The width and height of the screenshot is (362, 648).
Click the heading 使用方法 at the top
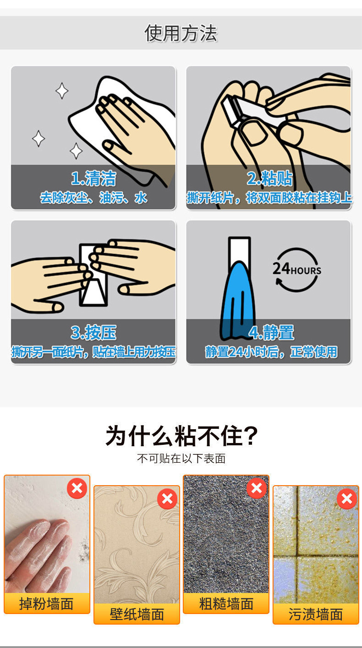point(181,33)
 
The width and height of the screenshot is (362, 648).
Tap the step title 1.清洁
point(93,178)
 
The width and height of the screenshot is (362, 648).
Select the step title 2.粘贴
point(269,178)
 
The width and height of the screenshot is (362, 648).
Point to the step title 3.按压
point(93,332)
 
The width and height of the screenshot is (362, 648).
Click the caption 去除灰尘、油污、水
point(93,198)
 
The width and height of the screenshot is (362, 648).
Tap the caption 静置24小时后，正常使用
point(271,352)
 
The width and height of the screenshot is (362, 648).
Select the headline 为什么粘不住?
point(181,436)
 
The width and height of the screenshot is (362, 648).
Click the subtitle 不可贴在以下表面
point(181,459)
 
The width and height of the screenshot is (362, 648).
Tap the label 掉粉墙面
point(46,604)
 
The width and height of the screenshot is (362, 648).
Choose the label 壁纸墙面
point(137,614)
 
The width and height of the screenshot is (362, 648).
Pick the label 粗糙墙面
point(226,604)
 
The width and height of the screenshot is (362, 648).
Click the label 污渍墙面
point(316,614)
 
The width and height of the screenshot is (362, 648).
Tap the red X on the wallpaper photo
point(167,498)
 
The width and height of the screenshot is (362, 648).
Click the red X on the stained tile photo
point(347,498)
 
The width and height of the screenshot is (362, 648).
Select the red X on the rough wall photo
point(257,488)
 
